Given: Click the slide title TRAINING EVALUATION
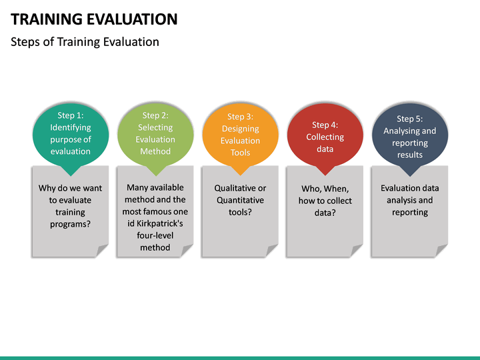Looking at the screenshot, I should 95,19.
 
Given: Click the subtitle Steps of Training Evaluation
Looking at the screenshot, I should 85,42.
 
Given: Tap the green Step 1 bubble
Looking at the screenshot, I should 71,133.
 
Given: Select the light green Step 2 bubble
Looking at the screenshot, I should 155,133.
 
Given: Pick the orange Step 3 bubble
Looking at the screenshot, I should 240,135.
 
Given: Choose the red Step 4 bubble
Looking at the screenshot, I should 325,137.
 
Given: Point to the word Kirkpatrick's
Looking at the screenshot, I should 155,223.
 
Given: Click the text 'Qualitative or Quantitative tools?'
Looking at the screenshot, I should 240,200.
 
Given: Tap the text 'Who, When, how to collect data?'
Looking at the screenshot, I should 325,201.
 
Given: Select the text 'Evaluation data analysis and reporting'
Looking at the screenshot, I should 409,200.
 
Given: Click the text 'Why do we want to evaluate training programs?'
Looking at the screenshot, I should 71,206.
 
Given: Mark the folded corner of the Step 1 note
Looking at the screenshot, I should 102,251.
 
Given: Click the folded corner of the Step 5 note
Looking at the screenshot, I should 441,251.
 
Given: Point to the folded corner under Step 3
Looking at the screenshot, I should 271,251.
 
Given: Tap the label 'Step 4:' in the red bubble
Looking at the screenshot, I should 325,125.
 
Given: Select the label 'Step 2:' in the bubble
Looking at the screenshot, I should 155,115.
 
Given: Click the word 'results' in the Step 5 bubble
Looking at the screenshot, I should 409,155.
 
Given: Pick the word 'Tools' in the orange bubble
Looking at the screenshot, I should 240,153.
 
